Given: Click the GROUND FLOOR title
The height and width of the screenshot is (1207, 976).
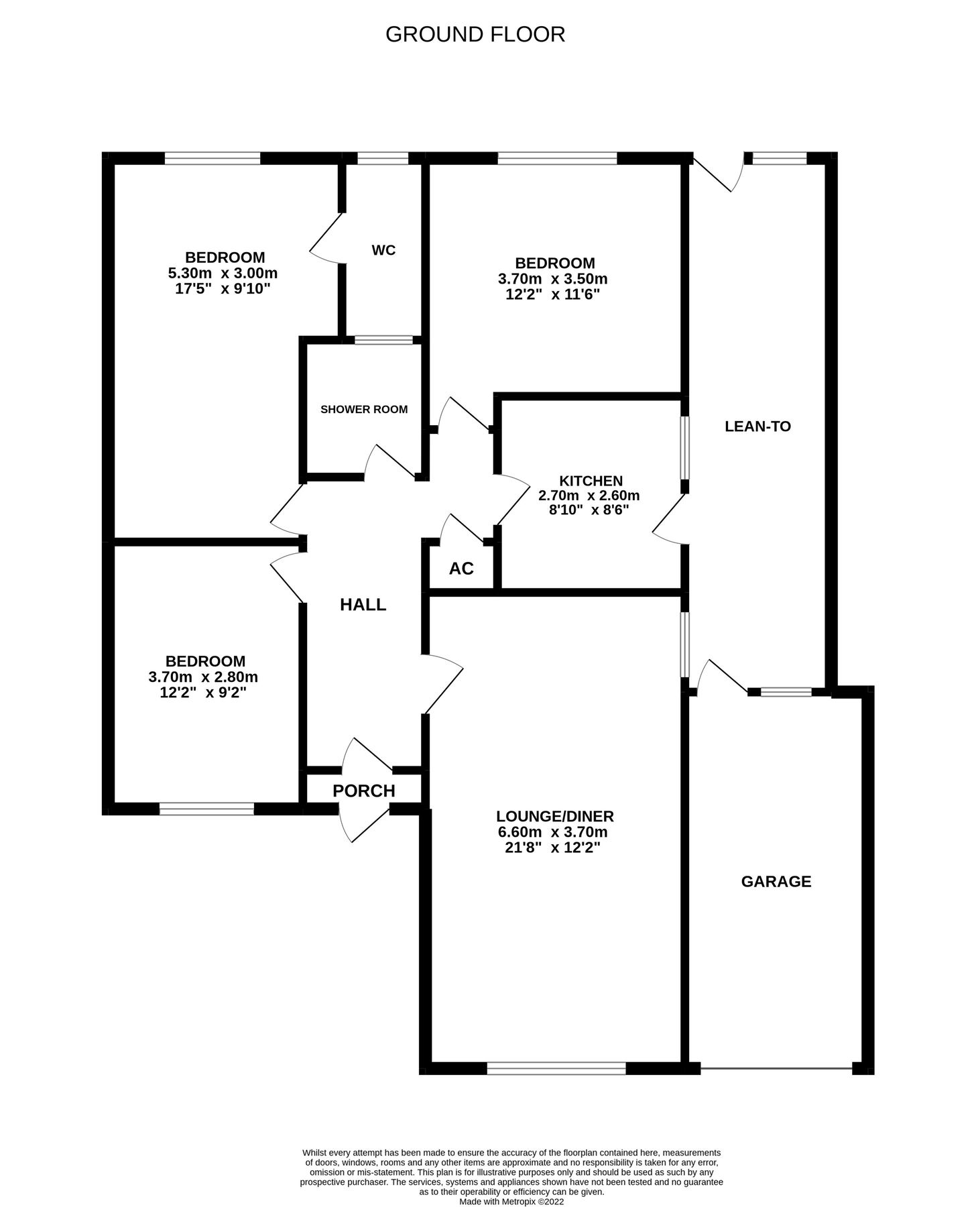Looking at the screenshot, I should (475, 34).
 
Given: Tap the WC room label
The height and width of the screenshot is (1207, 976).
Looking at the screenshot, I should (383, 251).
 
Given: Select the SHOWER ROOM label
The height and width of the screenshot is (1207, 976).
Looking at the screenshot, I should (364, 410).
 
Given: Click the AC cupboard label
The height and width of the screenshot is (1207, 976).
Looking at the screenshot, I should (461, 569).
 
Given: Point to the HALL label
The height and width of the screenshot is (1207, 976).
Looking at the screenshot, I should (363, 605).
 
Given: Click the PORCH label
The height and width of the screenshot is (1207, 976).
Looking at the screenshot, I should (364, 791).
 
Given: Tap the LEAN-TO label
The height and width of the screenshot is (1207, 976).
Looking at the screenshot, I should (758, 426).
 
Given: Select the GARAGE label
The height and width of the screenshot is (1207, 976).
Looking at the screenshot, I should (776, 882).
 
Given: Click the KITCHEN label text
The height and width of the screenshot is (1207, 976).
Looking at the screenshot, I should (591, 481).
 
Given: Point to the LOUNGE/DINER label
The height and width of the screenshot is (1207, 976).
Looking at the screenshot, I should (555, 817).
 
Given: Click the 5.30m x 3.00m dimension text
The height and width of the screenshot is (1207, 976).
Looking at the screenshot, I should (223, 274).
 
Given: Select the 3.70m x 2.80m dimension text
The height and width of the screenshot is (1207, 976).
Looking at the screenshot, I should (203, 677).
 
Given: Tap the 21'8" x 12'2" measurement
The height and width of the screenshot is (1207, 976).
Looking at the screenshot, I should (553, 848).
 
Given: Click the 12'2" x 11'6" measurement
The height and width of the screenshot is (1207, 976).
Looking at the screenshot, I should (552, 294).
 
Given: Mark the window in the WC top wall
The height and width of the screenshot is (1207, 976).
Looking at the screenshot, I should (383, 158).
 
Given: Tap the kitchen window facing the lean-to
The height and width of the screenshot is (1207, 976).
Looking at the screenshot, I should (684, 447).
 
